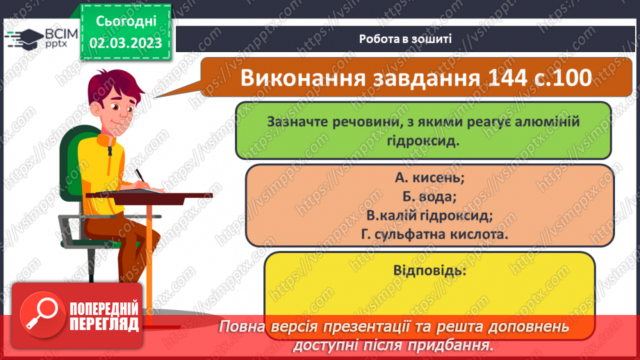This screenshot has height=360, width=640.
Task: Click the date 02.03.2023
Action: pos(125,42)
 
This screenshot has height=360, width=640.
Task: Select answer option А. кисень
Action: pos(429,178)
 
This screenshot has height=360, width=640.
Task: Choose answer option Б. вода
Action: pos(429,197)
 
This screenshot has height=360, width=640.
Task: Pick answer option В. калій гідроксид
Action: pos(429,215)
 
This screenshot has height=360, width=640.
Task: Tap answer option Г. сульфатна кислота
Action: pos(429,235)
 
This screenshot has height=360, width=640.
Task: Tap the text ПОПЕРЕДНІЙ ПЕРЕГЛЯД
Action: pos(104,315)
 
